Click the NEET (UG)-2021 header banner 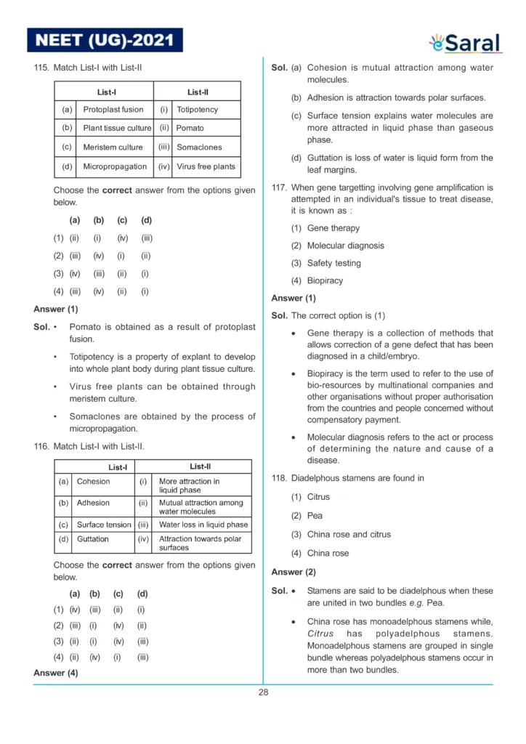pos(105,40)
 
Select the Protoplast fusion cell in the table pos(113,110)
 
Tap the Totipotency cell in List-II pos(197,110)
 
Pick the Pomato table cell pos(190,129)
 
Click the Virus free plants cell pos(206,166)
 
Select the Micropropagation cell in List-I pos(115,166)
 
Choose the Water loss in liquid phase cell pos(203,525)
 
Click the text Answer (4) pos(56,673)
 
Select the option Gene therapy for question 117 pos(333,228)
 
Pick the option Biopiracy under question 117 pos(325,280)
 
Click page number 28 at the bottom pos(263,692)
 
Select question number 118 pos(279,478)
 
